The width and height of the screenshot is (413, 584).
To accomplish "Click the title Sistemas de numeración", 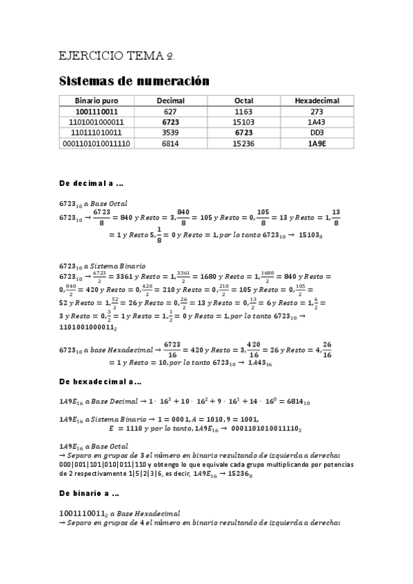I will (134, 81).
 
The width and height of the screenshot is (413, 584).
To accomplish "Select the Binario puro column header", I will (96, 101).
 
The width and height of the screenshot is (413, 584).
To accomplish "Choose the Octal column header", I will (243, 101).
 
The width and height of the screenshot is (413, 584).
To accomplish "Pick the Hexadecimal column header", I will (316, 101).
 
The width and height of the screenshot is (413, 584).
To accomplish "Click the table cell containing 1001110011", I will (96, 111).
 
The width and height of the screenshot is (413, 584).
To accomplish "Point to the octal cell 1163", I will (243, 111).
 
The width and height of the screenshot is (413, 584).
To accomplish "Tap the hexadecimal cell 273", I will (316, 111).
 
